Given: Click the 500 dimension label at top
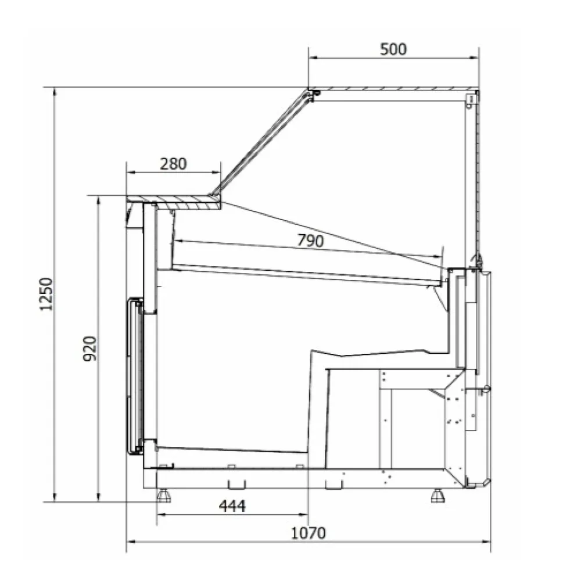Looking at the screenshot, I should pos(393,49).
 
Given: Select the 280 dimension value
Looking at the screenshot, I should pos(174,164).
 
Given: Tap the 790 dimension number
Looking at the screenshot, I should pos(310,241).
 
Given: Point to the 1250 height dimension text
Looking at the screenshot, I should pos(46,294).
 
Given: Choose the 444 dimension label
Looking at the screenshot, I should pos(232,506).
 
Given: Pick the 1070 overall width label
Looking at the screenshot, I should pos(309,533).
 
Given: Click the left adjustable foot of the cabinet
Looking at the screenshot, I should pos(164,496).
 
